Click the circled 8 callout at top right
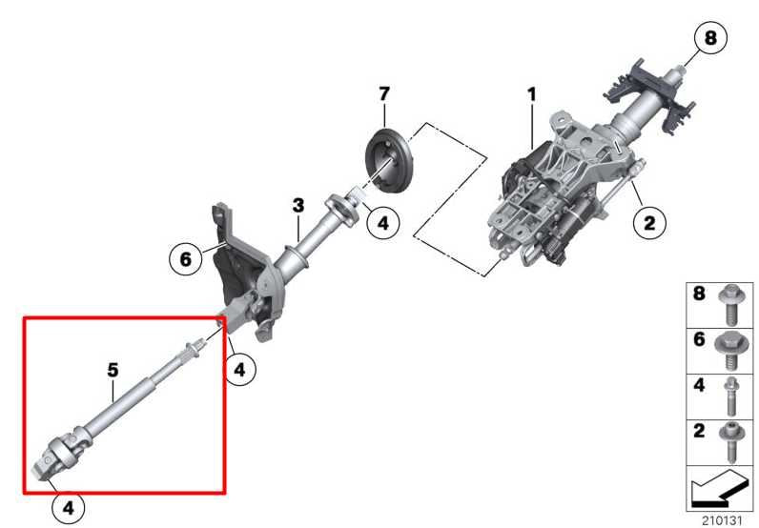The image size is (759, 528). tap(708, 39)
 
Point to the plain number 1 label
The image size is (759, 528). tap(532, 94)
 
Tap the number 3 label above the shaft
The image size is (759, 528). tap(298, 205)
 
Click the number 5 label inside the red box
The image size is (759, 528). tap(113, 367)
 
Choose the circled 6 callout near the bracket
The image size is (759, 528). tap(185, 256)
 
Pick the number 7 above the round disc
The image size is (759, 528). tap(384, 93)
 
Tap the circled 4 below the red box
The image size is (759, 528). tap(68, 508)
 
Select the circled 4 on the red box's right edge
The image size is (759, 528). tap(239, 371)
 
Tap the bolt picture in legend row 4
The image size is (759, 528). tap(730, 395)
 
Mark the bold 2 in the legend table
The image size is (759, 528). tap(699, 430)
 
